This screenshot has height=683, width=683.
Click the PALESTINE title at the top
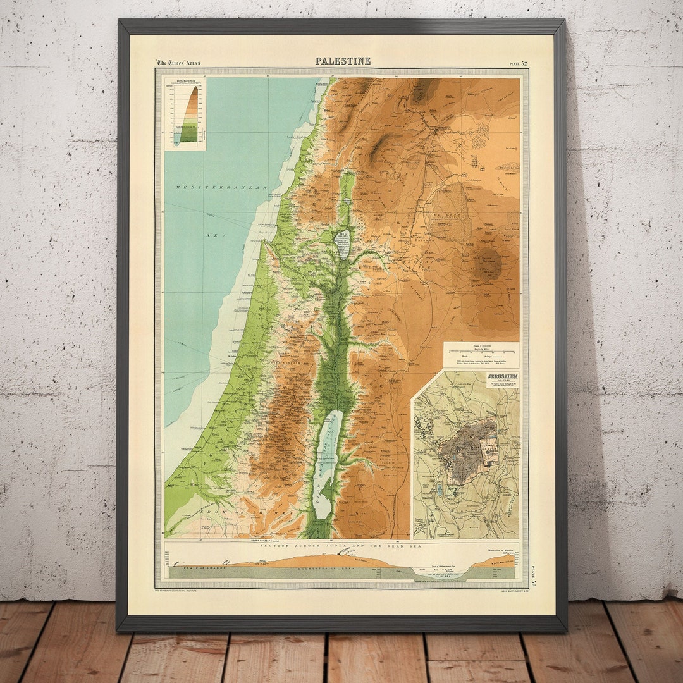[x=343, y=61]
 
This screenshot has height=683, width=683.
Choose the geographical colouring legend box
[x=185, y=114]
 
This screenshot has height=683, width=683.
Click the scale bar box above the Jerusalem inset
[x=481, y=355]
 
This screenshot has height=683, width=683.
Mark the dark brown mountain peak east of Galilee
[x=488, y=261]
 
